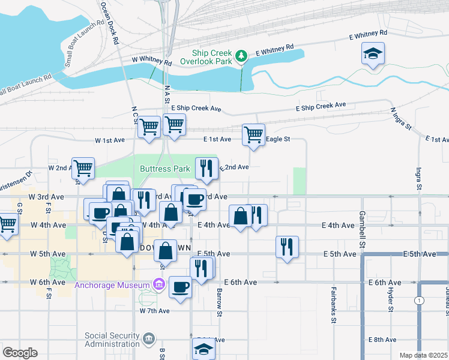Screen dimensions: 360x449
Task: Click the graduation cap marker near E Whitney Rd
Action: point(373,54)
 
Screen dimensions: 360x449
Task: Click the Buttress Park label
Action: point(165,169)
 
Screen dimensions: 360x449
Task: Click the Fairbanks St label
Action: point(333,305)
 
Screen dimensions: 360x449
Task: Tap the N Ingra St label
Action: point(402,119)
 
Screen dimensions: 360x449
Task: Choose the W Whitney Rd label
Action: point(152,61)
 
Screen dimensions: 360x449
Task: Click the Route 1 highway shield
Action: point(419,299)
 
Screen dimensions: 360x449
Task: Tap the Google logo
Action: point(20,352)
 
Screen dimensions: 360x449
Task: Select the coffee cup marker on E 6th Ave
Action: point(180,286)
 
